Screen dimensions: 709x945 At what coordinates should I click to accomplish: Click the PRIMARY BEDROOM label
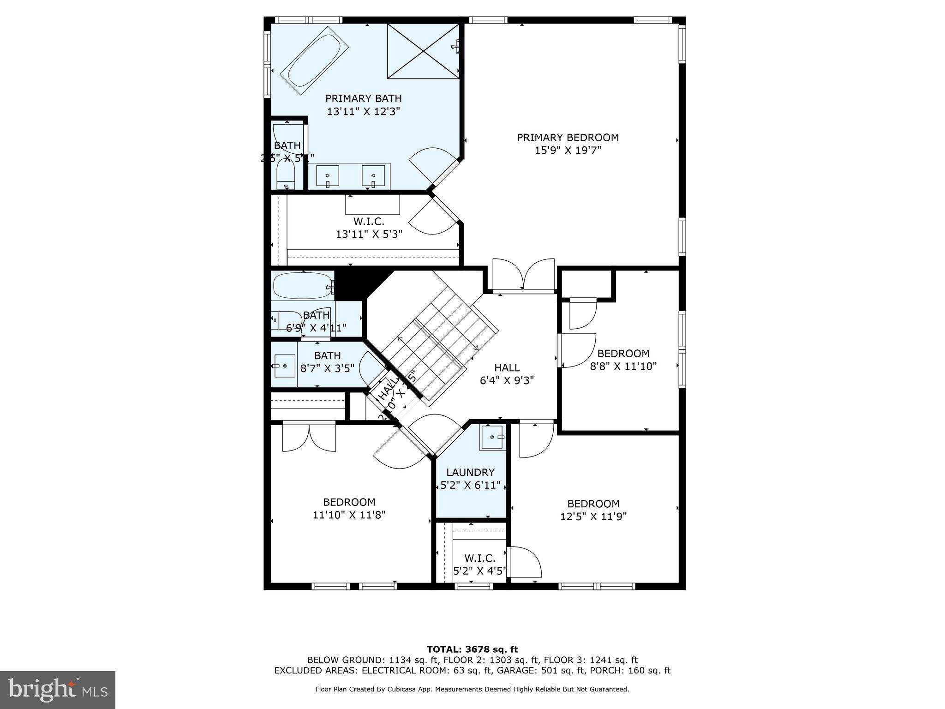click(568, 138)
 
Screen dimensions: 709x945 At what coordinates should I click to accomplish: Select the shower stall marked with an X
click(423, 51)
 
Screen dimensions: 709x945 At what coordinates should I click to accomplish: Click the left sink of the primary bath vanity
click(328, 176)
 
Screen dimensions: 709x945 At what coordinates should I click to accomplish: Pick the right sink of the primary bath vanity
click(373, 176)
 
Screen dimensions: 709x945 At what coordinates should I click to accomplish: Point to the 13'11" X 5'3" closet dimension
click(369, 234)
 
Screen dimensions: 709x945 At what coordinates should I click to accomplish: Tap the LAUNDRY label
click(470, 473)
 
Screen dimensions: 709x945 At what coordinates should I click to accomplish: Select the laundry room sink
click(493, 437)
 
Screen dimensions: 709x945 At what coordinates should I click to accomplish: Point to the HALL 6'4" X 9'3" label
click(507, 374)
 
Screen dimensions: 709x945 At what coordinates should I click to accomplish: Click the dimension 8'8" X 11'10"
click(623, 367)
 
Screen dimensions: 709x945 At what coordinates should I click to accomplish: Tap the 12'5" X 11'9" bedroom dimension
click(593, 517)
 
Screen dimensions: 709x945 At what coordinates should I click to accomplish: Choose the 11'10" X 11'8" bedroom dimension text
click(349, 515)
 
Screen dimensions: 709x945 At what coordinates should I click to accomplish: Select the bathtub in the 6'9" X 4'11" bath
click(303, 286)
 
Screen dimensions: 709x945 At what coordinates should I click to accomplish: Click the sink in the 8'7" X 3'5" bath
click(284, 366)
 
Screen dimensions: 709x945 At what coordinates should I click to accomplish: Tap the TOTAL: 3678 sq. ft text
click(472, 649)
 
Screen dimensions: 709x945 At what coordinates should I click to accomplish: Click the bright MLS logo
click(58, 690)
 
